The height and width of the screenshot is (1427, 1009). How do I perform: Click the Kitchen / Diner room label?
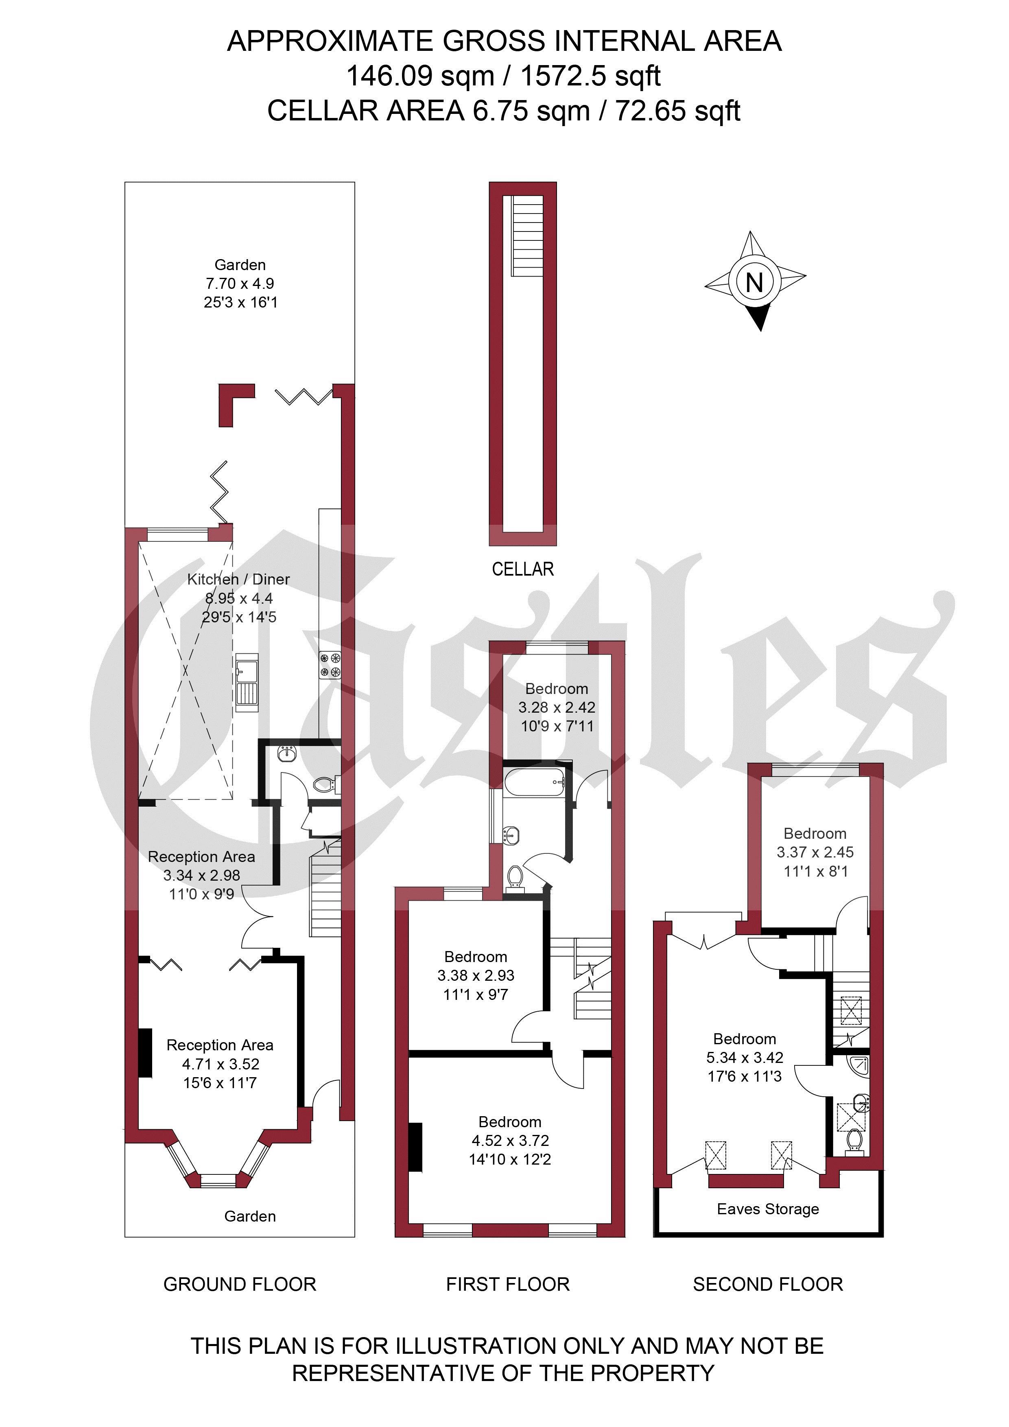pyautogui.click(x=239, y=579)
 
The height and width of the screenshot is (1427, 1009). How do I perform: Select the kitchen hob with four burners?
pyautogui.click(x=330, y=664)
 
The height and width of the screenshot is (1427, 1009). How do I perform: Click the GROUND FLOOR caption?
pyautogui.click(x=240, y=1284)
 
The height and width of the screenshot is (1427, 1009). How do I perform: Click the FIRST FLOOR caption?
pyautogui.click(x=508, y=1284)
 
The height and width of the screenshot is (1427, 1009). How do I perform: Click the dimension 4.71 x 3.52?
pyautogui.click(x=221, y=1064)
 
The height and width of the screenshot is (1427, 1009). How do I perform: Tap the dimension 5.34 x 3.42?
pyautogui.click(x=745, y=1057)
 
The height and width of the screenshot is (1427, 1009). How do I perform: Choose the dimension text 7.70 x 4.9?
pyautogui.click(x=240, y=284)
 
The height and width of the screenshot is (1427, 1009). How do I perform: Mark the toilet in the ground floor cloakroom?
pyautogui.click(x=326, y=784)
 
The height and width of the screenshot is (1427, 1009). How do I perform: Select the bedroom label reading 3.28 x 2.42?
pyautogui.click(x=557, y=707)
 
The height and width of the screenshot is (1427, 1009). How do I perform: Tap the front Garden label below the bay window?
pyautogui.click(x=250, y=1216)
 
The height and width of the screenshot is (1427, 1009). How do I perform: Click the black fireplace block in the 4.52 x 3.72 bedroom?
pyautogui.click(x=415, y=1147)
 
